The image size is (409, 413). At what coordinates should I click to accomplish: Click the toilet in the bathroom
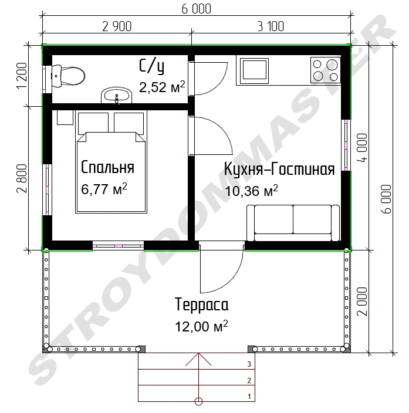click(68, 76)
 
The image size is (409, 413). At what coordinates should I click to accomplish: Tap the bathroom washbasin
click(117, 96)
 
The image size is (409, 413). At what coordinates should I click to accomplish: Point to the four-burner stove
click(326, 70)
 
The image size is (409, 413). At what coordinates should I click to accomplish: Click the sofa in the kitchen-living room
click(293, 223)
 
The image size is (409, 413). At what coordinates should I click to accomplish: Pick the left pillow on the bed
click(93, 123)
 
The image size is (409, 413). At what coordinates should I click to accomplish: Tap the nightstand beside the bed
click(65, 117)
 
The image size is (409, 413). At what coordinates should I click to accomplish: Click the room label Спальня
click(107, 167)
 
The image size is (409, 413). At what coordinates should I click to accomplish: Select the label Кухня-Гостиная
click(279, 169)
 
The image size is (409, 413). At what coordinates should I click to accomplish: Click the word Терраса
click(202, 304)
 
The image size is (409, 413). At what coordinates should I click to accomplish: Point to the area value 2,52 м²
click(162, 87)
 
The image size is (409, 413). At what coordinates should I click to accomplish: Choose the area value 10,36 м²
click(251, 191)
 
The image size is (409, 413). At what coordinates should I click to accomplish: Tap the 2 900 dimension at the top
click(117, 26)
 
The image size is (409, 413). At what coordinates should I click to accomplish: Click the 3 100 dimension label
click(271, 26)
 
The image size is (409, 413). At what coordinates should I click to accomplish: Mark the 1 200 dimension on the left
click(22, 76)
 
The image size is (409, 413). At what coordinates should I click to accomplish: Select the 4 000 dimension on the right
click(362, 148)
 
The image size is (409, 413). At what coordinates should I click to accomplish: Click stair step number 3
click(249, 364)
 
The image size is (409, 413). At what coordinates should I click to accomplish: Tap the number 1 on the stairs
click(249, 397)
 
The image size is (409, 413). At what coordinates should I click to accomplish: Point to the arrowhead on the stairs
click(198, 359)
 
